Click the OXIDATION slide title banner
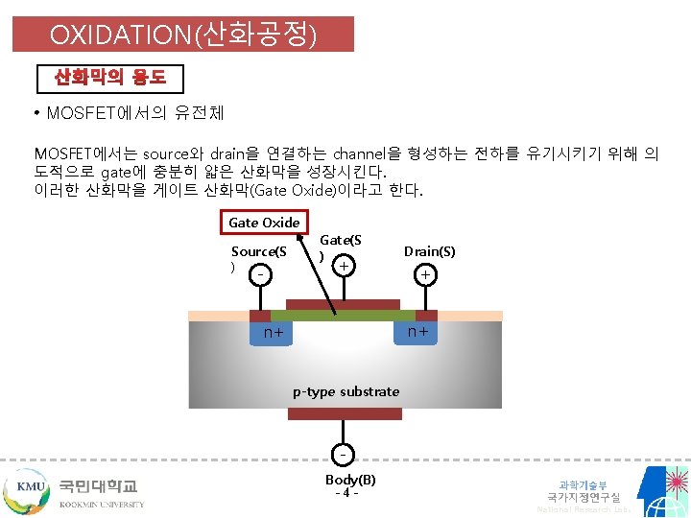click(x=182, y=35)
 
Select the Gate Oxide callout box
click(x=264, y=222)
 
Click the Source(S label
click(x=259, y=251)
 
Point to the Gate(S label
click(x=341, y=239)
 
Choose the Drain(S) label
click(x=429, y=251)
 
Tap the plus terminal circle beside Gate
click(x=344, y=264)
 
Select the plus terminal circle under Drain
click(x=424, y=275)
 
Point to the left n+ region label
click(x=274, y=334)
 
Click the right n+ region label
click(x=417, y=332)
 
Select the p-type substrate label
click(x=345, y=391)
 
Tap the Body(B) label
click(x=350, y=479)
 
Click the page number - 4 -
click(x=346, y=494)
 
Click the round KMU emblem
click(x=29, y=488)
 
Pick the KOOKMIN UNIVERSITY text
click(x=102, y=504)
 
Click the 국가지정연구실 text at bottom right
click(x=584, y=497)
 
